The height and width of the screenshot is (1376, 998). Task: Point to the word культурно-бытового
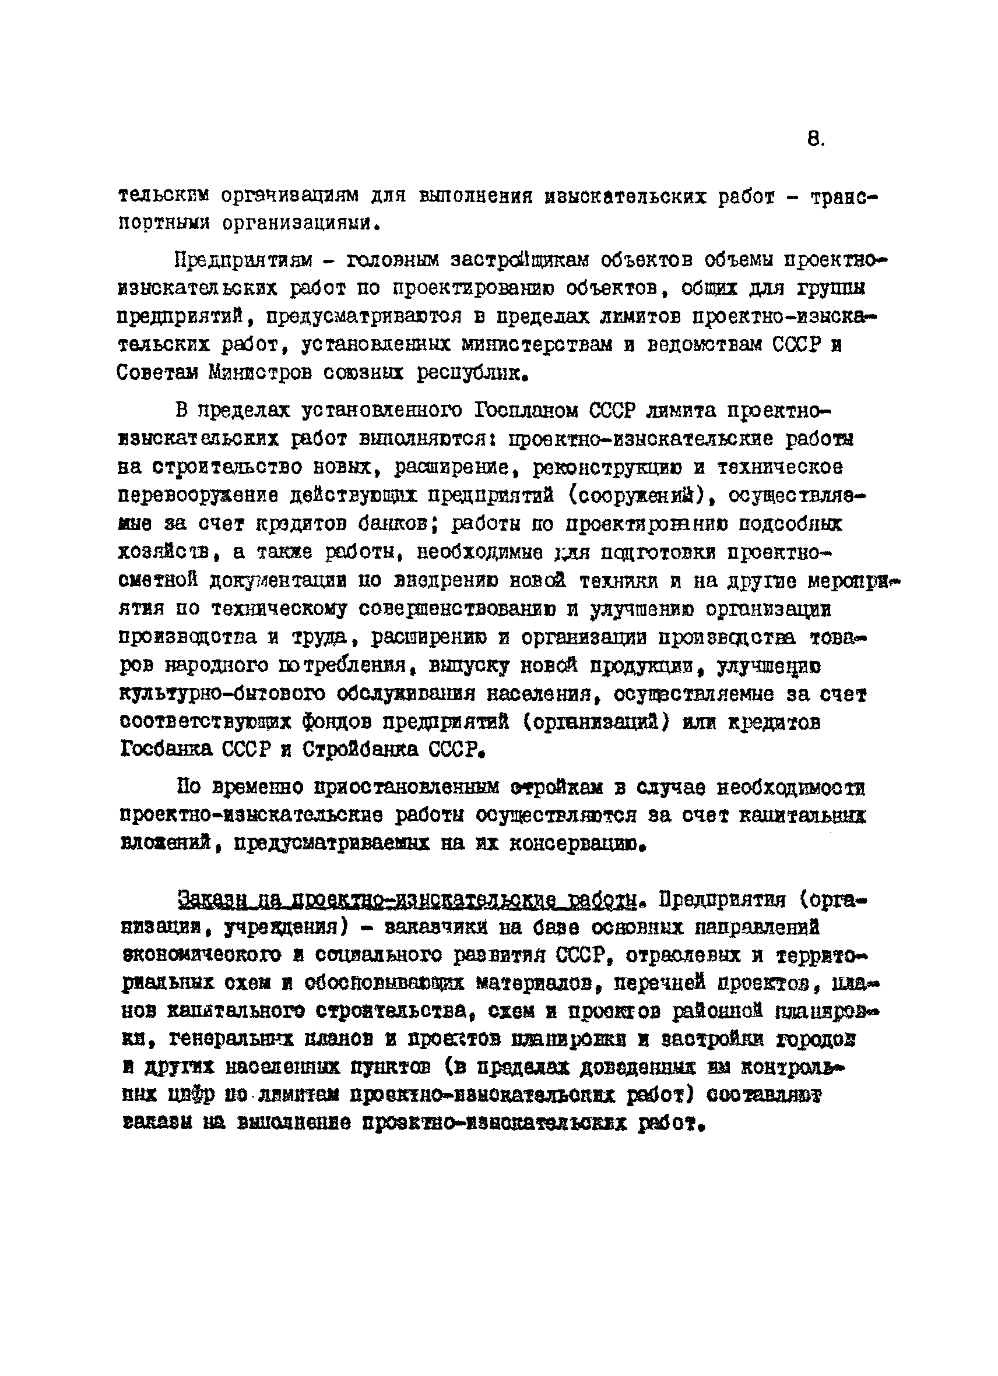pyautogui.click(x=223, y=693)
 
